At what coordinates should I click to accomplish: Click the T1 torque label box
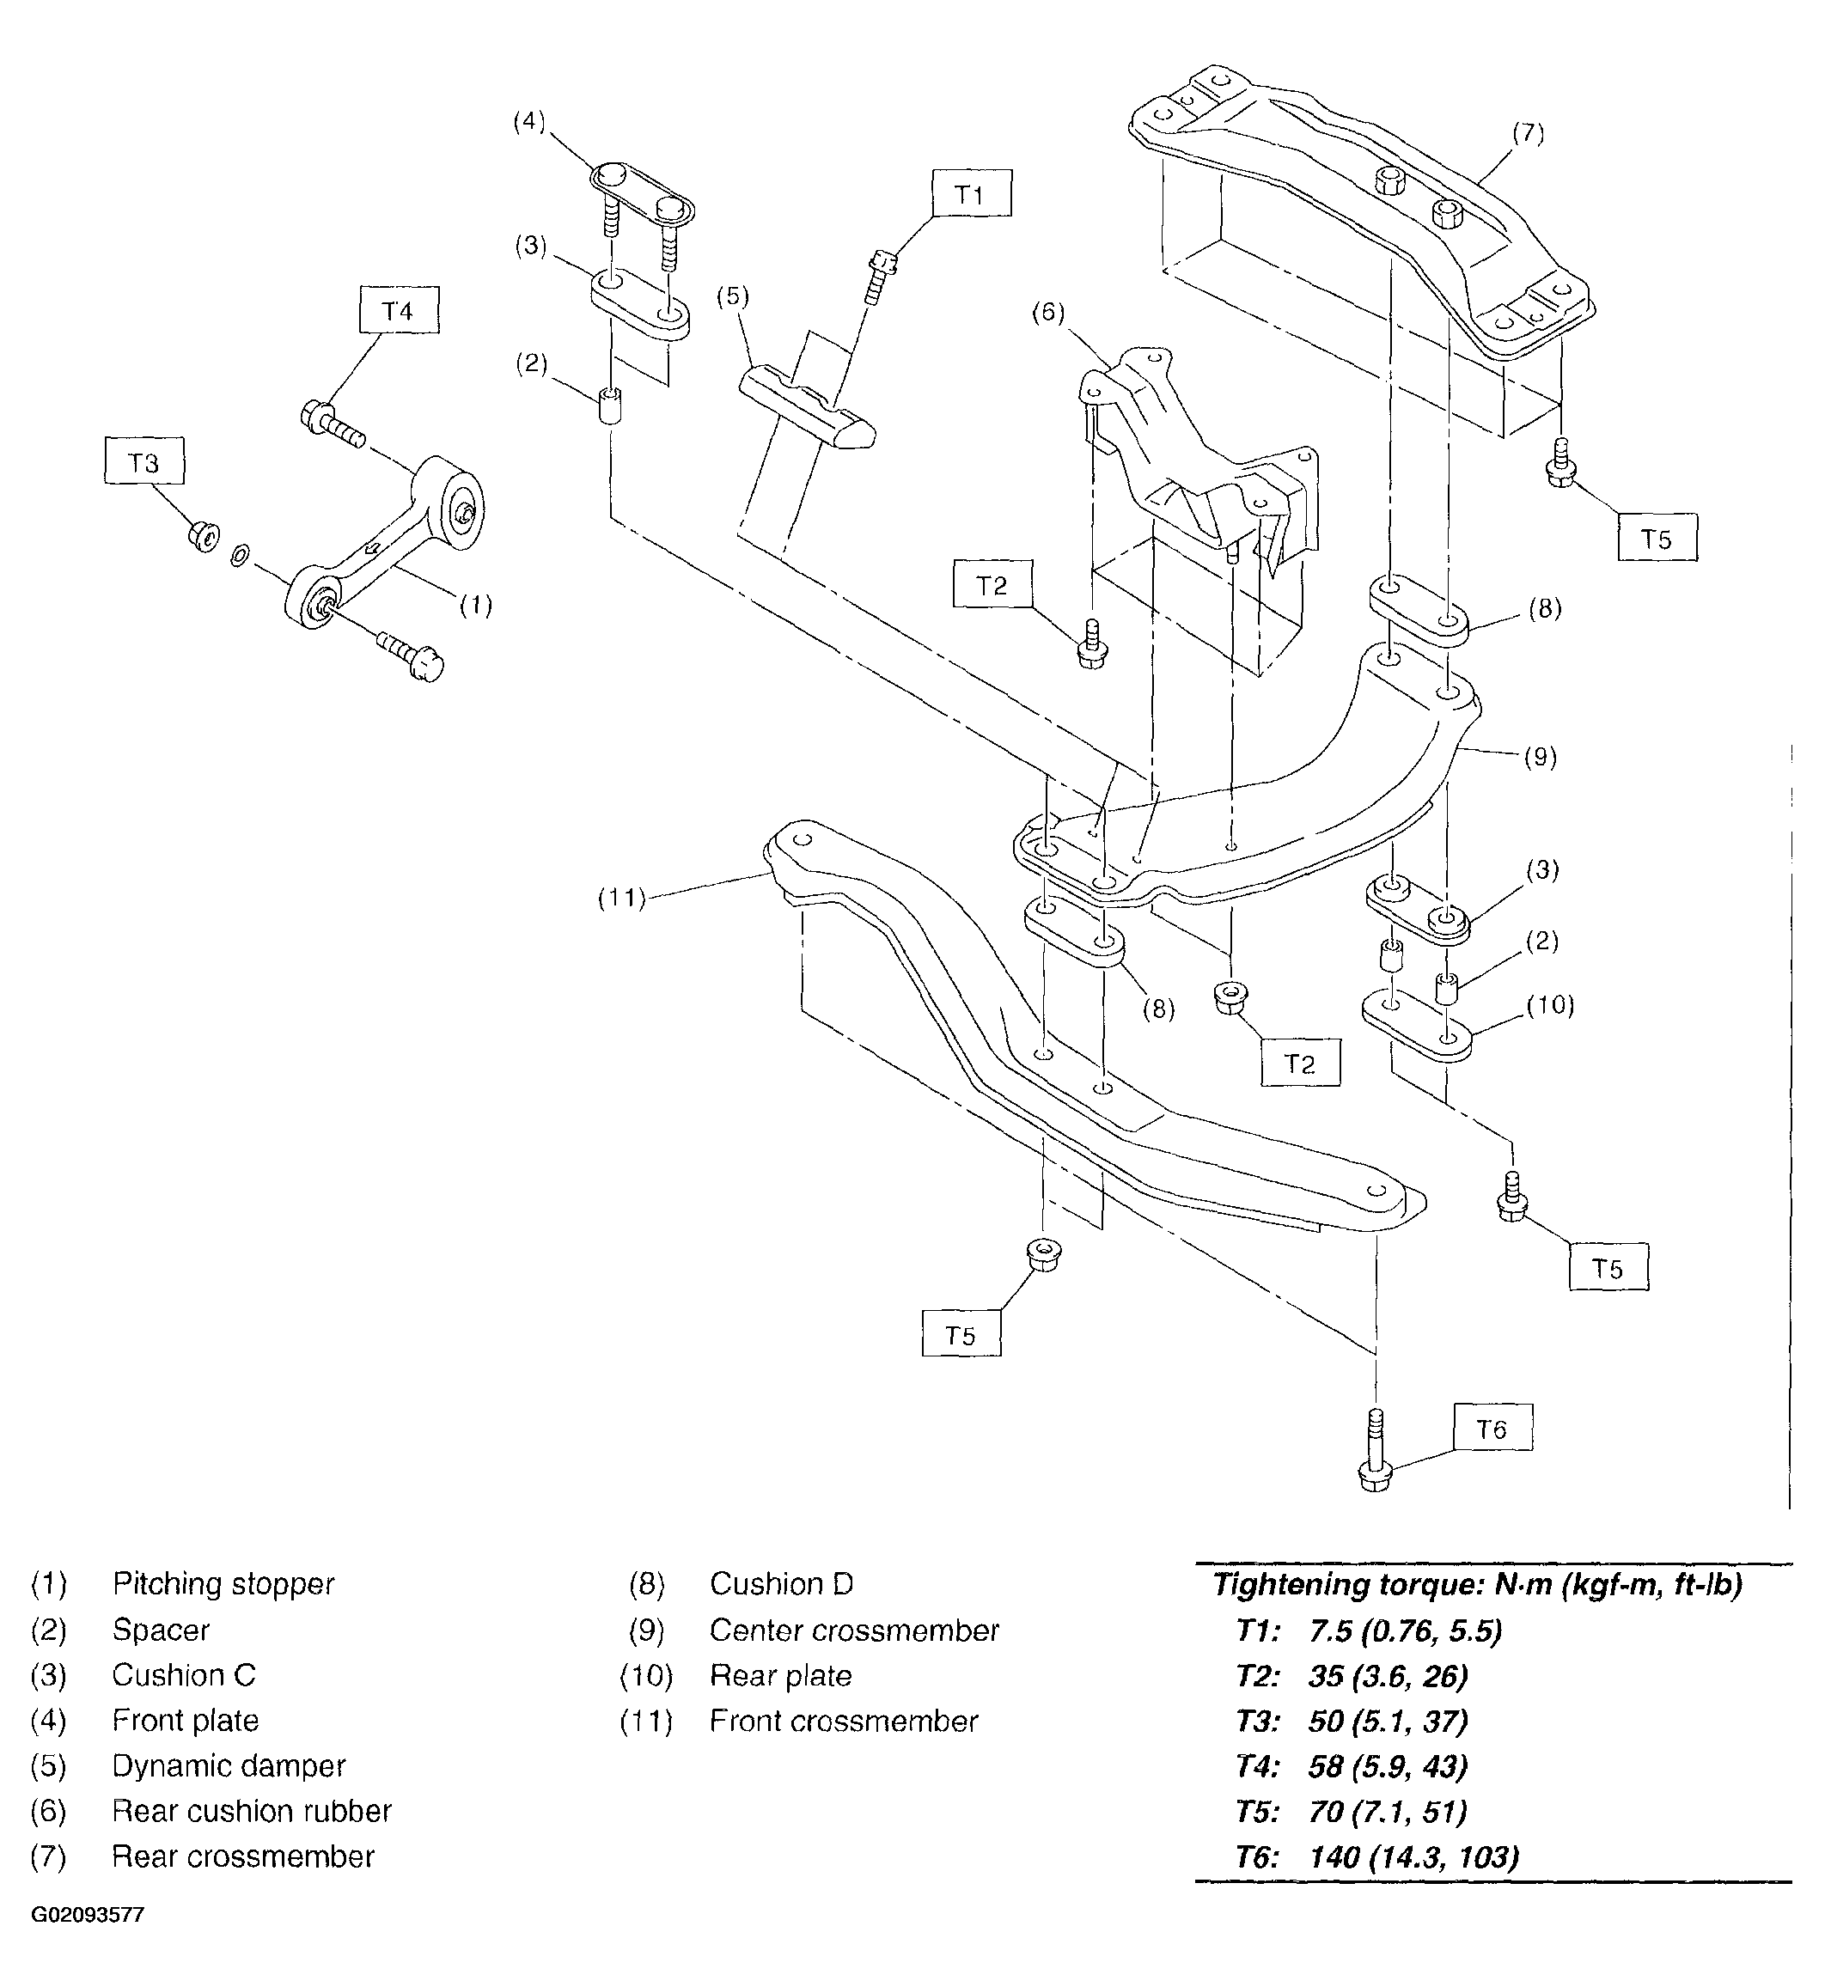971,193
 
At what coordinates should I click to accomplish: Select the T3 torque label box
144,461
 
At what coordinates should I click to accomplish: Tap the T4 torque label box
398,310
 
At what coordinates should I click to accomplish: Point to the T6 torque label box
1492,1428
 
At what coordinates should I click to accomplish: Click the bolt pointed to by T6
1375,1451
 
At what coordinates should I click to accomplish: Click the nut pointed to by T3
204,536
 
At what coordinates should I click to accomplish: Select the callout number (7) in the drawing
1528,131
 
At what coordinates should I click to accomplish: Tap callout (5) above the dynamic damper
733,296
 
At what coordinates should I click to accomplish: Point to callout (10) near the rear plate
1549,1004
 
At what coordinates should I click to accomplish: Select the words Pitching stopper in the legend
223,1584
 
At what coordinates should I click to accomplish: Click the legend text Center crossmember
854,1630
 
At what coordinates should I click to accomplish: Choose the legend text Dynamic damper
229,1765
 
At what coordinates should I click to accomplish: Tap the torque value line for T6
1376,1857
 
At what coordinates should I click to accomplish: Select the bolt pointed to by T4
332,423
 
